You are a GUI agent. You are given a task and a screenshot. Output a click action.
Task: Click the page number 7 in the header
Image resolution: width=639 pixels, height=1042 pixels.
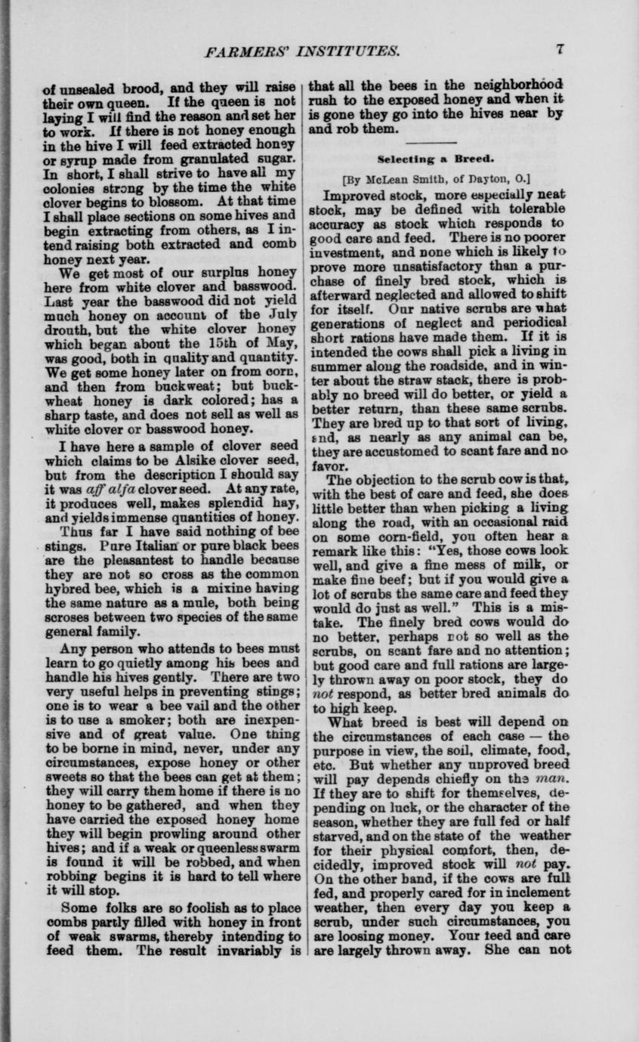pyautogui.click(x=560, y=50)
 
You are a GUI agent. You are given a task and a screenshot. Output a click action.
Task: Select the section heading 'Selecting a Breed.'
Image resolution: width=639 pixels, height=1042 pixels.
pyautogui.click(x=435, y=159)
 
